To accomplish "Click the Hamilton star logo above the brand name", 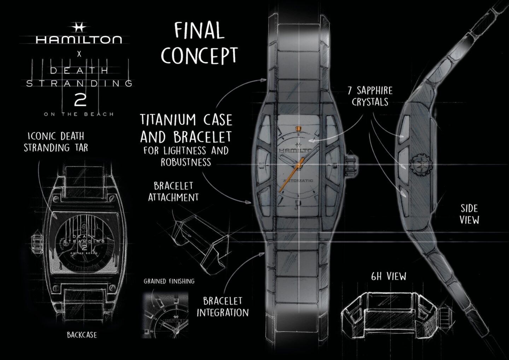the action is [x=79, y=28].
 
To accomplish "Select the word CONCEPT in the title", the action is [x=199, y=56].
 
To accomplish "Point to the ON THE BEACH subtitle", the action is [x=79, y=114].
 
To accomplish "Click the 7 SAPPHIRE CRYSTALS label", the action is [x=370, y=96].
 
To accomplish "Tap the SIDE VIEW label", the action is [x=469, y=214].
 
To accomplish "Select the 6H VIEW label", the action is [x=388, y=277].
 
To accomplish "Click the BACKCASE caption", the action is [x=82, y=335].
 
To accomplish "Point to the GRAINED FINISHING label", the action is [x=169, y=281].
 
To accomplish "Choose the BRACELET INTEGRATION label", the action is [x=223, y=307].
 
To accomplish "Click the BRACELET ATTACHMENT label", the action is [x=173, y=192].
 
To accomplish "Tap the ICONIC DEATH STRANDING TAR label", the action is [x=56, y=142].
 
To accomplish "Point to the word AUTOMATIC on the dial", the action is [x=298, y=181].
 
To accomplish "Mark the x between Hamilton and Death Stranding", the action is [x=79, y=54].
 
